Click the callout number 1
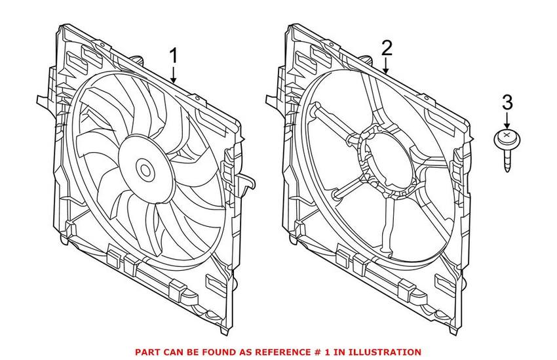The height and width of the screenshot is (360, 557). [x=174, y=57]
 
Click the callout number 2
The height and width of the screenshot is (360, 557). [x=387, y=48]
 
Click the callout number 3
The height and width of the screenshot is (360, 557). [x=507, y=103]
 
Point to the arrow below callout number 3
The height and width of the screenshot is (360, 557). [x=507, y=122]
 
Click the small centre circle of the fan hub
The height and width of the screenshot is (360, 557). [x=145, y=170]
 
